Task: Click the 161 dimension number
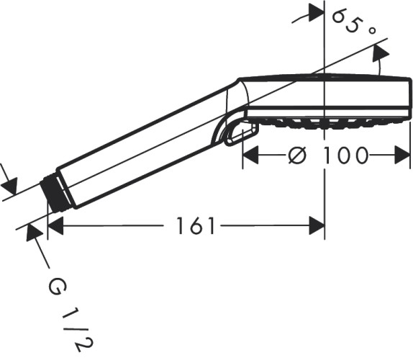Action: coord(195,226)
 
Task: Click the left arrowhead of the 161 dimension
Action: coord(56,226)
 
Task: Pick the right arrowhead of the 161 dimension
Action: coord(316,226)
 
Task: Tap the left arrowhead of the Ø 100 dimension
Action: coord(250,155)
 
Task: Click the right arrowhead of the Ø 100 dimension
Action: coord(402,155)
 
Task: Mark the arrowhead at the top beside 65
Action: coord(316,13)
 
